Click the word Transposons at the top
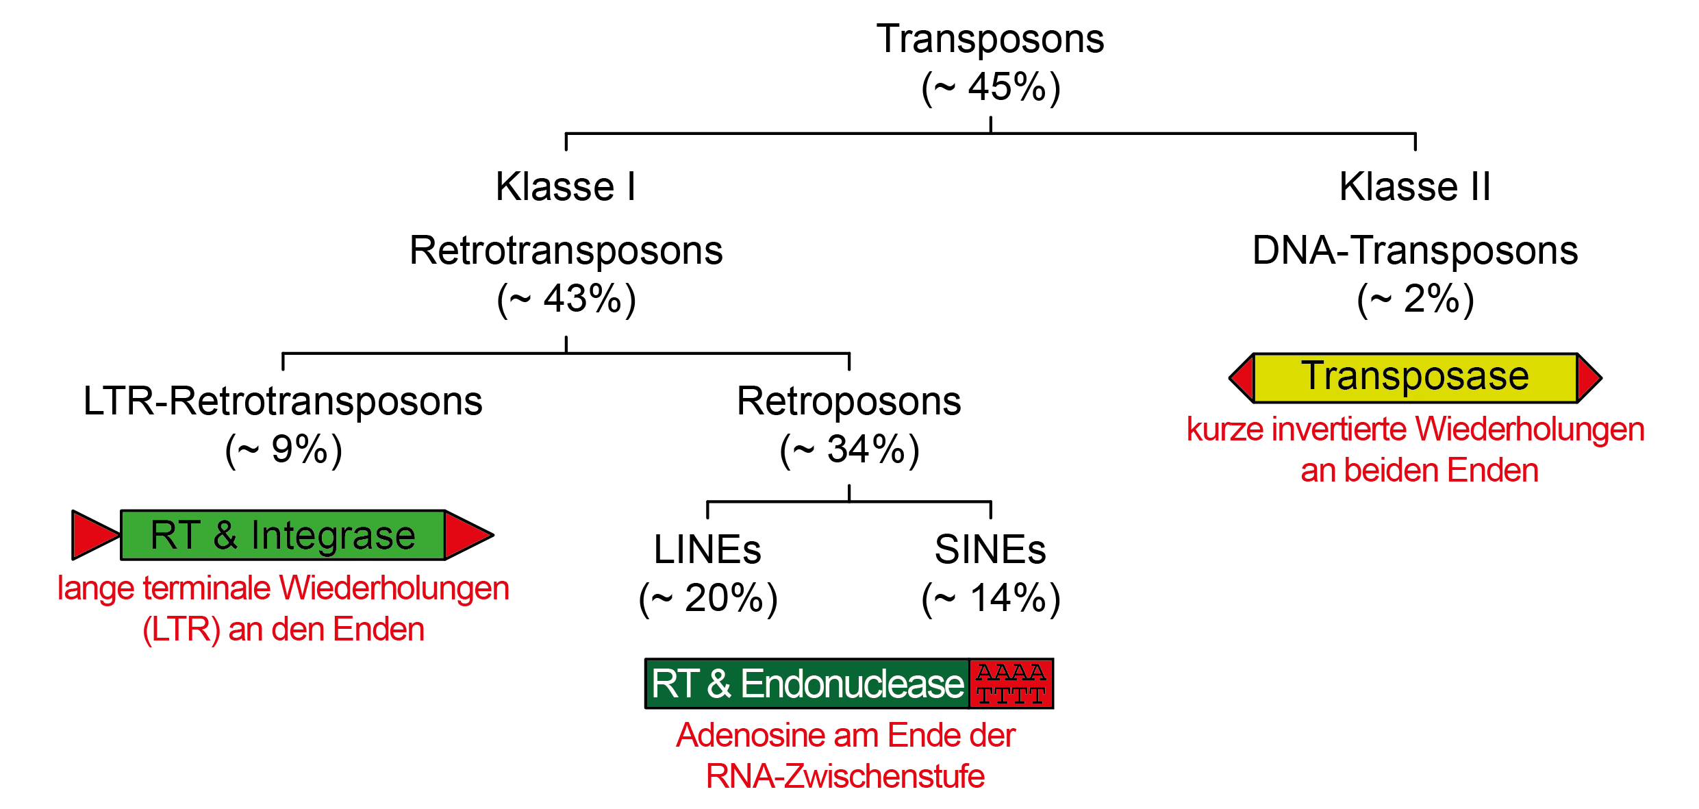[x=990, y=39]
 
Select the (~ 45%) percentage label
[x=991, y=88]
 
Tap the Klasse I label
[x=566, y=186]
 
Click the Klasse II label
[x=1415, y=186]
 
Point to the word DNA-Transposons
[x=1415, y=251]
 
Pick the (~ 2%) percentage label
[x=1415, y=299]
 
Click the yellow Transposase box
[x=1415, y=377]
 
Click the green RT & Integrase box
[x=283, y=535]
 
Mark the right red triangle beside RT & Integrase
[x=467, y=535]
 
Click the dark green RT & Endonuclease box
[x=807, y=684]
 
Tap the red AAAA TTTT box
[x=1011, y=684]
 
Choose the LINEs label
[x=707, y=550]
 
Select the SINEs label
[x=990, y=550]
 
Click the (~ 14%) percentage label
[x=991, y=599]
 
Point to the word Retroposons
[x=848, y=401]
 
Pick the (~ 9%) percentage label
[x=284, y=450]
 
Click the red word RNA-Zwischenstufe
[x=845, y=777]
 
